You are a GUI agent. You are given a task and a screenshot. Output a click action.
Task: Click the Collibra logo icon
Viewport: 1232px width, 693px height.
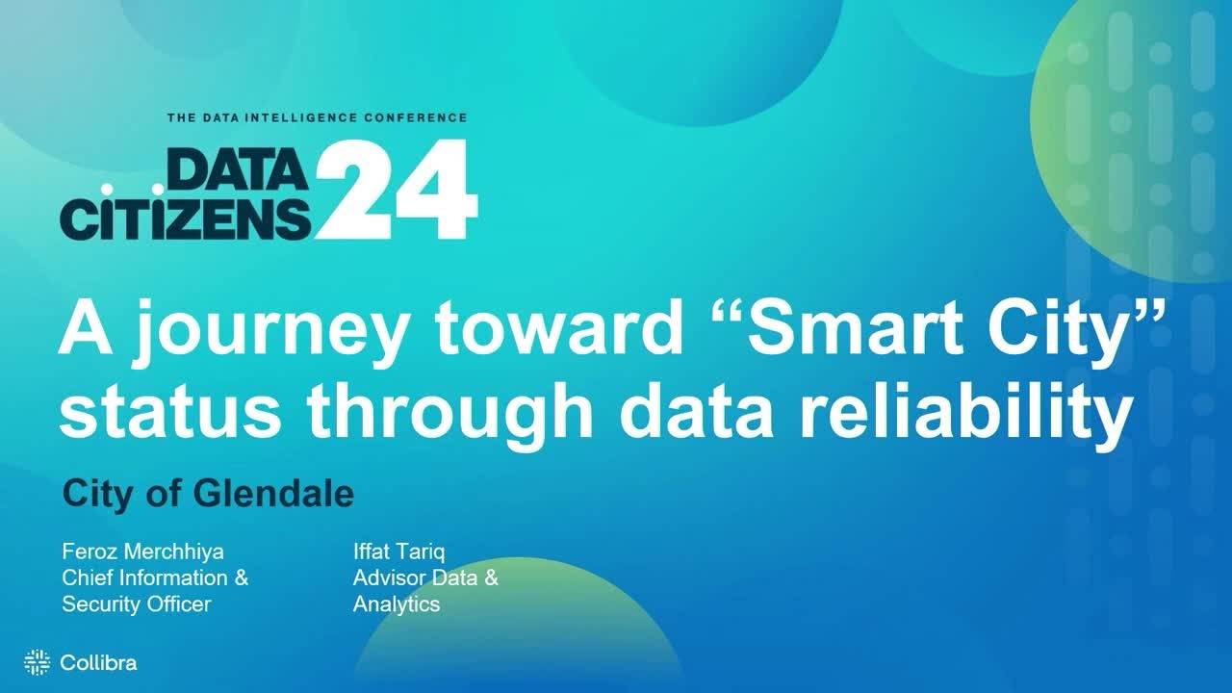[38, 662]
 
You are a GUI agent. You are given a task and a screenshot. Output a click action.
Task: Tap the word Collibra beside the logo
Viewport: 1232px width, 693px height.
[98, 663]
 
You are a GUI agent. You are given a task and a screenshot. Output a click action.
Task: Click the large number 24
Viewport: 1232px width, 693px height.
[396, 190]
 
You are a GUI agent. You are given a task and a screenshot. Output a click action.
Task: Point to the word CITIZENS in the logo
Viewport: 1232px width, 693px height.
[186, 218]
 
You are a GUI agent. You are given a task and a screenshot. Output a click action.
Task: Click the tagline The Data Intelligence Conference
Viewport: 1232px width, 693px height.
[318, 117]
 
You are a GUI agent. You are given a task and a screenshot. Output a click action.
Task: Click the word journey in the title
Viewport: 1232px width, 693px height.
[270, 334]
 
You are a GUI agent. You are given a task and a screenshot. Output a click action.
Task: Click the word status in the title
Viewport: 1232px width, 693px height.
[170, 413]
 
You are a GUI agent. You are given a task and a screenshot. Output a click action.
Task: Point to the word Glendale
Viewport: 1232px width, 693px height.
[273, 493]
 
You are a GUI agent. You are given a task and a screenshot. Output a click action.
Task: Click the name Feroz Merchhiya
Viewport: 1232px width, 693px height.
[143, 552]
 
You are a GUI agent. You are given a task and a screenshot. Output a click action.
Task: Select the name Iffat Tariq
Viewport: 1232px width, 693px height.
[398, 552]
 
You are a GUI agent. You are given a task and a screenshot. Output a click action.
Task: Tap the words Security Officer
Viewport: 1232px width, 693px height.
[137, 603]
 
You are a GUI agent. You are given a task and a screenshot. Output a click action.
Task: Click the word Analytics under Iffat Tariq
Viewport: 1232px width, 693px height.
[396, 604]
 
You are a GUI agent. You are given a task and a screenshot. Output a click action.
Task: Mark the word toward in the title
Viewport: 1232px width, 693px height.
[559, 328]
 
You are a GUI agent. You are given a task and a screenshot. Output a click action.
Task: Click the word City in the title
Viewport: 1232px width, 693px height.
[1057, 332]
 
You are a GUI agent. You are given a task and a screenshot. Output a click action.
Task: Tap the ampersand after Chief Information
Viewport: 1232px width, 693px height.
[242, 578]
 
